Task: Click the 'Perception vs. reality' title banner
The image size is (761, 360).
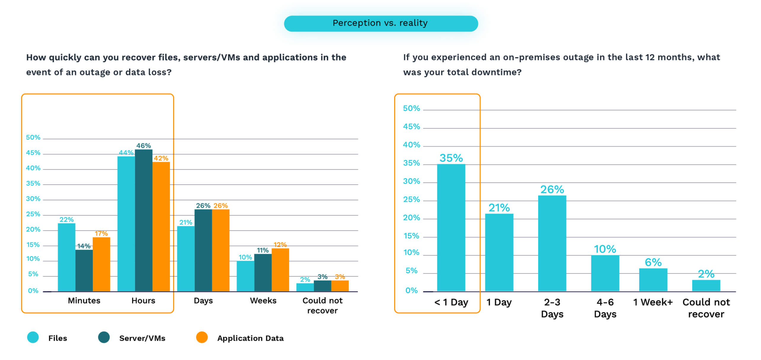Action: pyautogui.click(x=381, y=23)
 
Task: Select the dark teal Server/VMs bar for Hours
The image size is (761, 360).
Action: pyautogui.click(x=144, y=220)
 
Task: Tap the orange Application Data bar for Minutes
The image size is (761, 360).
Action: pyautogui.click(x=101, y=264)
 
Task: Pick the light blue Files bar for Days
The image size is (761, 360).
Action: pyautogui.click(x=186, y=259)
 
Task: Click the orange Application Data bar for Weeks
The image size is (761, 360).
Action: pyautogui.click(x=280, y=270)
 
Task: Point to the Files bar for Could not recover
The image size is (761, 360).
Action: pyautogui.click(x=305, y=287)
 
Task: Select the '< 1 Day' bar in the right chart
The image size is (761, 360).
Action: pyautogui.click(x=451, y=228)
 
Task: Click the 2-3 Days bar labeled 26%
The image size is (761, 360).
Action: pyautogui.click(x=552, y=243)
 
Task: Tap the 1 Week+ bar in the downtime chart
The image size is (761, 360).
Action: pyautogui.click(x=653, y=280)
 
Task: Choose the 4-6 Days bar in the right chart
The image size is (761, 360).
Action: pyautogui.click(x=605, y=273)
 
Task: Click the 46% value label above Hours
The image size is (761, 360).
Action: pyautogui.click(x=144, y=146)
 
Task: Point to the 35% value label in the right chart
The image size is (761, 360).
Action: pyautogui.click(x=451, y=158)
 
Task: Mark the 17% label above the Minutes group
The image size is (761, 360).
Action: pyautogui.click(x=101, y=233)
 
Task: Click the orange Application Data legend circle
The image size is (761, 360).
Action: pyautogui.click(x=202, y=337)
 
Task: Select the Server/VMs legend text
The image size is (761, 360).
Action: pyautogui.click(x=142, y=338)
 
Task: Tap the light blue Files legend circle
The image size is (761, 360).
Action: pyautogui.click(x=33, y=337)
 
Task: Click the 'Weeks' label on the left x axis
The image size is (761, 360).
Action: pyautogui.click(x=263, y=300)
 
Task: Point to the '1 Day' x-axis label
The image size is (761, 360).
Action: pyautogui.click(x=499, y=302)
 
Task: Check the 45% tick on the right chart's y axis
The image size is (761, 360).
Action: pyautogui.click(x=412, y=127)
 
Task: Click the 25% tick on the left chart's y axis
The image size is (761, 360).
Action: pyautogui.click(x=33, y=214)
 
